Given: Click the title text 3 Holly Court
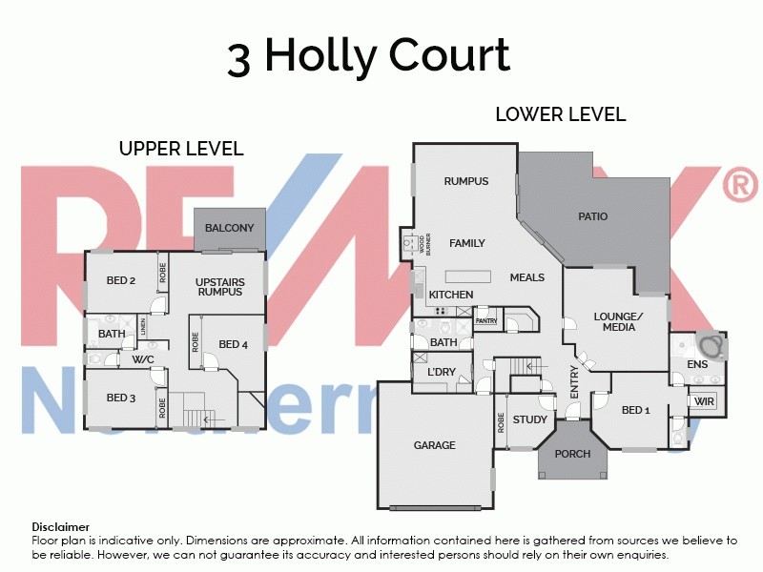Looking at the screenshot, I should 368,56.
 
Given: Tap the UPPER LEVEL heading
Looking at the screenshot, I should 181,149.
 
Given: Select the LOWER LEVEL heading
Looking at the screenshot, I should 560,114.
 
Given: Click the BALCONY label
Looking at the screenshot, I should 229,228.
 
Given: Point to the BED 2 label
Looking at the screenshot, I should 120,280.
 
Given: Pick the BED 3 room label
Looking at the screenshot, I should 121,398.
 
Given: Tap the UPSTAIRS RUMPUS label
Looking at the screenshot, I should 219,286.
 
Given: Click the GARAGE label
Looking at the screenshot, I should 434,445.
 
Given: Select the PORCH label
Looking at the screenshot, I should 572,454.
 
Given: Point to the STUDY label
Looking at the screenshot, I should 529,419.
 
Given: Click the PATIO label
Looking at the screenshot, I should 592,216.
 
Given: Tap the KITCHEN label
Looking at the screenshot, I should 450,295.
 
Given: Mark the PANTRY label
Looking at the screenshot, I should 486,321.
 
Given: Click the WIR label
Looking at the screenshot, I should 705,401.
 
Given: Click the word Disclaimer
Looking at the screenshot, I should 61,526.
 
